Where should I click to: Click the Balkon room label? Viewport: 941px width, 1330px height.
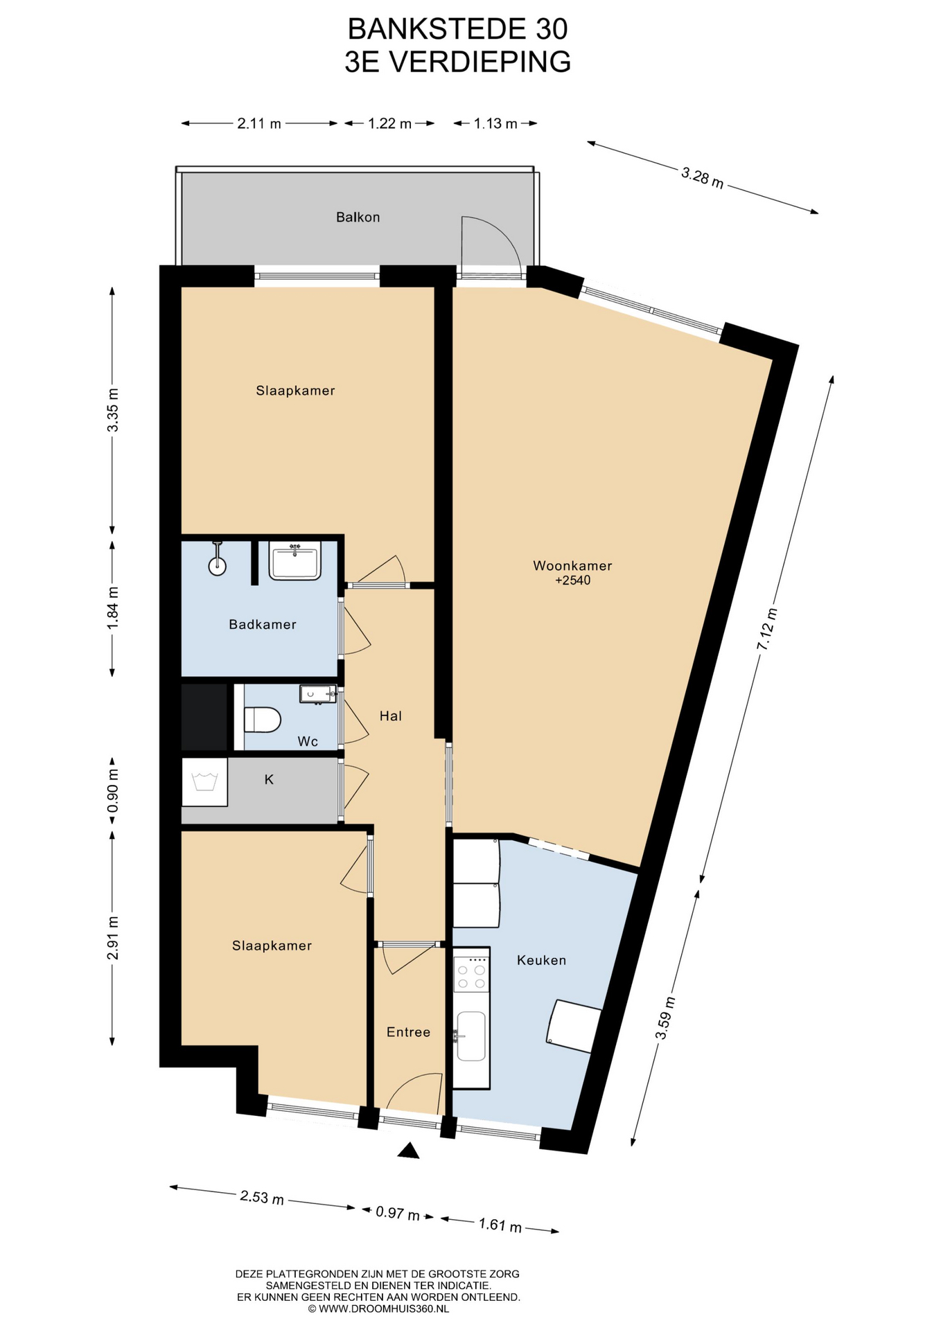(x=358, y=218)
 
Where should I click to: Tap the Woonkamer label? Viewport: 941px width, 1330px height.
(x=572, y=565)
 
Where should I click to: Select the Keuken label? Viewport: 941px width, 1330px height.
(x=541, y=960)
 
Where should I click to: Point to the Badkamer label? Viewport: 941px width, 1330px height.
(x=263, y=624)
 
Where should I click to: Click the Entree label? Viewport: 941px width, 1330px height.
(x=408, y=1032)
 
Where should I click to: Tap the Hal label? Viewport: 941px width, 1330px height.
(x=391, y=716)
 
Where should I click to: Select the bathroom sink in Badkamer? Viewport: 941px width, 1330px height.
(x=295, y=561)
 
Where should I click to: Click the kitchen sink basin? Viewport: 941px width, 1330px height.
(x=471, y=1036)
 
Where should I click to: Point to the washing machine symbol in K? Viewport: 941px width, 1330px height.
(x=204, y=782)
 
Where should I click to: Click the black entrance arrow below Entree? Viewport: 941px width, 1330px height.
(x=409, y=1150)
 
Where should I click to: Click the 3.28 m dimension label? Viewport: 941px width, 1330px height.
(x=702, y=177)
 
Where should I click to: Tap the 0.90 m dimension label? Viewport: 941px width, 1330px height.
(x=113, y=791)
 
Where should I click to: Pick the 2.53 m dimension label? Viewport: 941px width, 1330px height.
(x=262, y=1197)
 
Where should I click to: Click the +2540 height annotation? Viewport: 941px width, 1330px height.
(x=573, y=580)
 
